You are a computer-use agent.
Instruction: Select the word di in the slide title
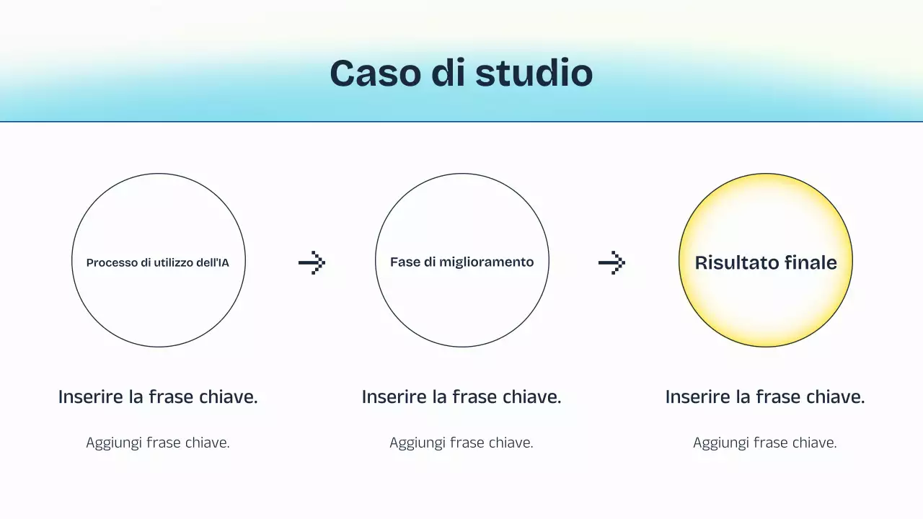coord(453,74)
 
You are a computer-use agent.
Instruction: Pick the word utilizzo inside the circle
coord(172,263)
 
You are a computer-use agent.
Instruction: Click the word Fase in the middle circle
coord(405,262)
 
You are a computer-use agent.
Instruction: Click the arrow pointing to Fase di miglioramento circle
coord(312,263)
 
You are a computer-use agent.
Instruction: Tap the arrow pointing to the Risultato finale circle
coord(611,263)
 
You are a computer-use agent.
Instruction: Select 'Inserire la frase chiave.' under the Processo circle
coord(158,397)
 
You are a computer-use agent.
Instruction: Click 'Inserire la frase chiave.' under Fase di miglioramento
coord(461,397)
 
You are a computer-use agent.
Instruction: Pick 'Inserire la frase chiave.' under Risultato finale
coord(765,397)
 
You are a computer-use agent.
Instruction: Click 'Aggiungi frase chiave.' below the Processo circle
coord(158,443)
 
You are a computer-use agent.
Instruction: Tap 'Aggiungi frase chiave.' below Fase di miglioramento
coord(461,443)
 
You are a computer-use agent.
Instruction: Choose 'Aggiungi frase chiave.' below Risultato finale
coord(765,443)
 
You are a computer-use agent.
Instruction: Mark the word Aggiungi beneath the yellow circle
coord(720,443)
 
